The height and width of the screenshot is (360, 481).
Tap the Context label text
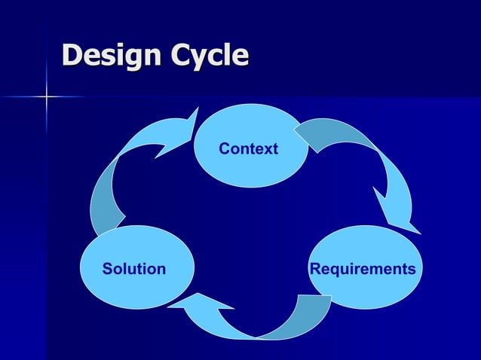tap(248, 149)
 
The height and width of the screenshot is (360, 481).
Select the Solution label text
tap(134, 269)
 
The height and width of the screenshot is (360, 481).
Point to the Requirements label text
tap(363, 269)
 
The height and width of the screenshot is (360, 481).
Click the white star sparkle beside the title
tap(46, 96)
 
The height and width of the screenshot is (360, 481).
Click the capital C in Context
tap(224, 149)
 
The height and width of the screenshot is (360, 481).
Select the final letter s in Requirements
tap(412, 270)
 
